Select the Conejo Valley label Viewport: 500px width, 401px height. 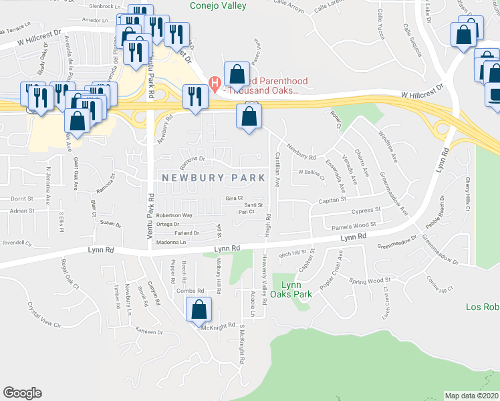click(218, 6)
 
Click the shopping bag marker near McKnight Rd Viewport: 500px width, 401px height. click(199, 310)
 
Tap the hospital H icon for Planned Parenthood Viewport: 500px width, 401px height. click(215, 83)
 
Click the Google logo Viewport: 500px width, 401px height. click(22, 393)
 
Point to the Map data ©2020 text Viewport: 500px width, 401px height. click(472, 396)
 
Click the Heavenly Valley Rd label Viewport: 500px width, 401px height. click(265, 282)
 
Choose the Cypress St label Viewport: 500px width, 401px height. click(366, 210)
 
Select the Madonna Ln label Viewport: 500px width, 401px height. click(168, 243)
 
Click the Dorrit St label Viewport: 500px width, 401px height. click(21, 198)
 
